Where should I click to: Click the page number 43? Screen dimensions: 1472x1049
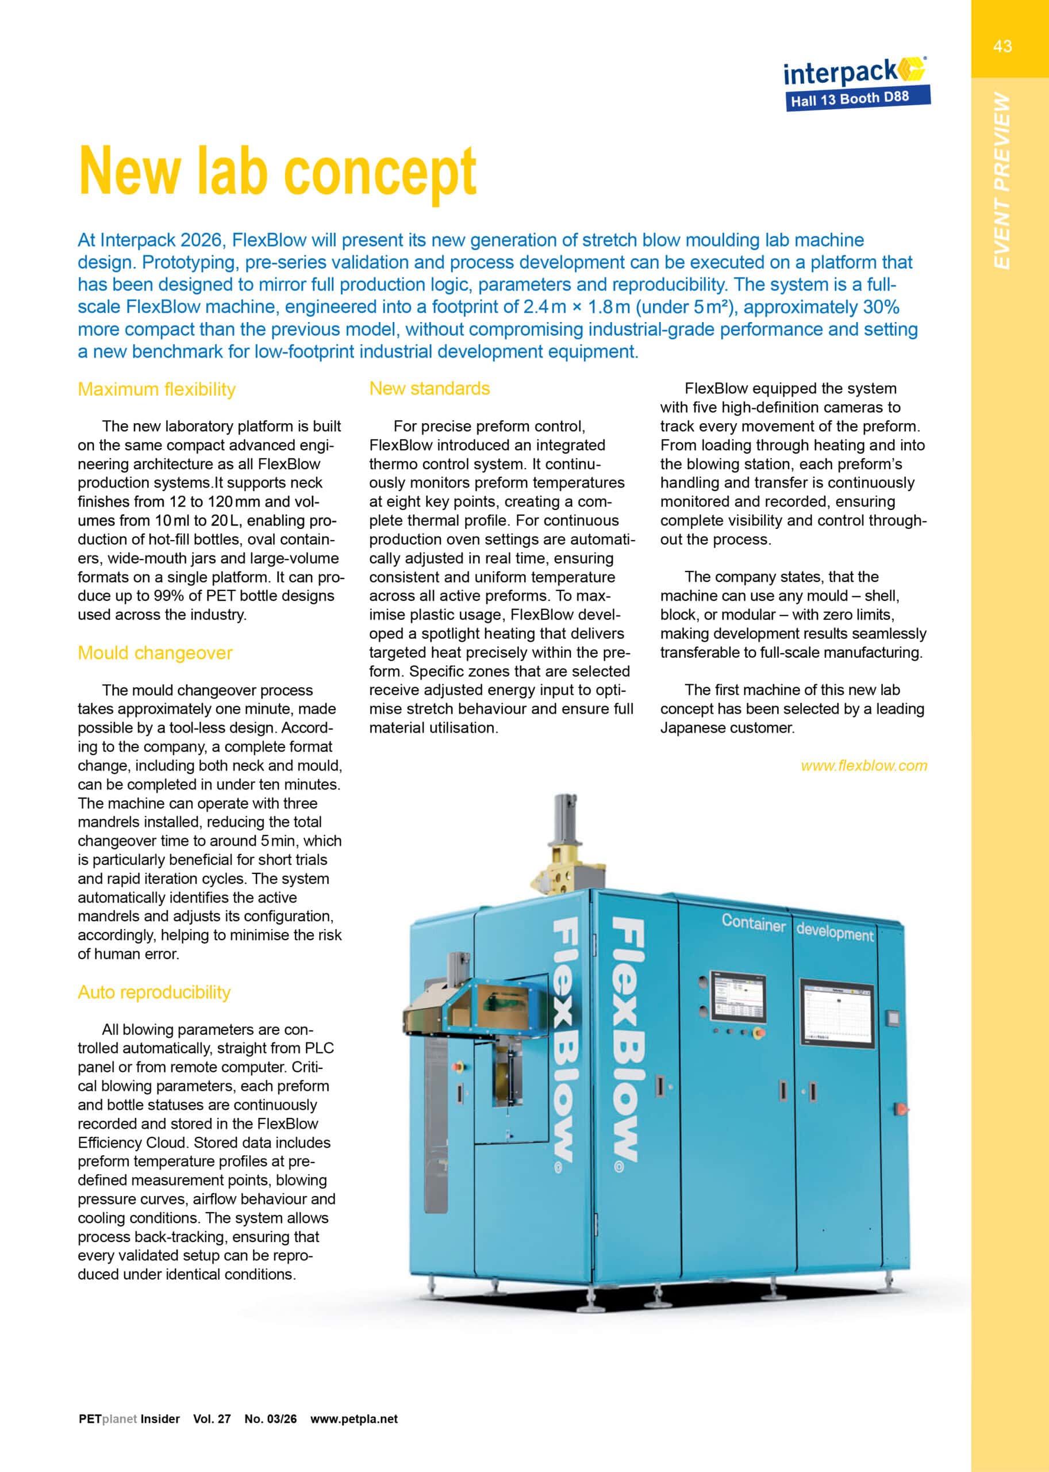(x=1002, y=46)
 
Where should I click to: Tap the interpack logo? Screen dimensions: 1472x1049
(x=853, y=72)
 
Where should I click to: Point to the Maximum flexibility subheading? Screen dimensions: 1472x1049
(x=156, y=389)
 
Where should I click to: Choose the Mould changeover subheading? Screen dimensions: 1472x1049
(x=155, y=653)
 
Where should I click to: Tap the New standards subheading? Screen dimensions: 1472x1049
(x=429, y=388)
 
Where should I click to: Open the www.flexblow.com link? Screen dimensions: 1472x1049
(x=863, y=766)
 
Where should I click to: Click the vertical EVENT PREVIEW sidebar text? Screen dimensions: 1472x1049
(x=1002, y=181)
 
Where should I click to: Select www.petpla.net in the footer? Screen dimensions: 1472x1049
(x=354, y=1419)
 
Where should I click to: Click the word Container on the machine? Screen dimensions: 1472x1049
(x=753, y=923)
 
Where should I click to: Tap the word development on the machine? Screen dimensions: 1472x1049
(x=835, y=933)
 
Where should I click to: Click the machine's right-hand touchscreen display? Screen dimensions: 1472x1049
(x=837, y=1014)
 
